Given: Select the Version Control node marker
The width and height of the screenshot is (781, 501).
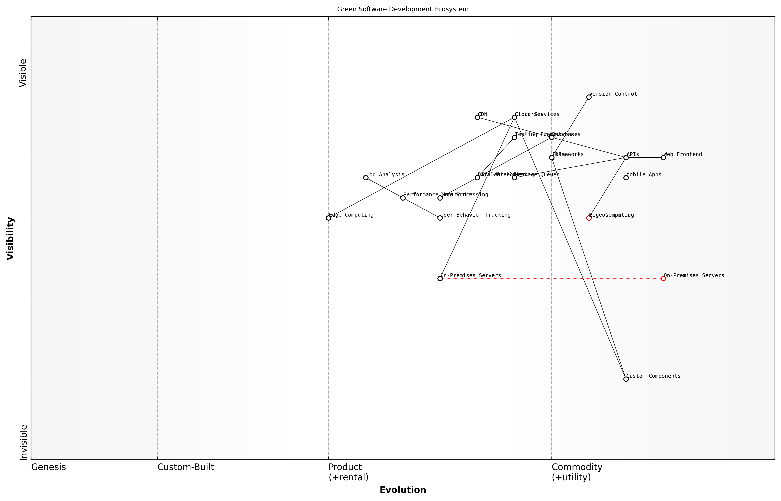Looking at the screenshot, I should click(589, 97).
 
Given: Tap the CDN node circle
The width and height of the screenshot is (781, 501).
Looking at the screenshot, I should click(477, 117).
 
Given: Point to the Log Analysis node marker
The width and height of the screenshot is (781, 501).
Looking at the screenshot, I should click(366, 178).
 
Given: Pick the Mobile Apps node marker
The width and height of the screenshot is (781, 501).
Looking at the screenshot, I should click(626, 178).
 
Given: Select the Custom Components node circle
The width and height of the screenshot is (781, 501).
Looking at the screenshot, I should click(626, 379).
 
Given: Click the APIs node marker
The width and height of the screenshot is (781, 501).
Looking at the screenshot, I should click(626, 158).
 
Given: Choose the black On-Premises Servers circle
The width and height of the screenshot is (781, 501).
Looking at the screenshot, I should click(440, 278).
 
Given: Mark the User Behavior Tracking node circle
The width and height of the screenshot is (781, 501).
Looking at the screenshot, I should click(440, 218).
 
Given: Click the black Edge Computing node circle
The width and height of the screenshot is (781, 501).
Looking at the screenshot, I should click(328, 218).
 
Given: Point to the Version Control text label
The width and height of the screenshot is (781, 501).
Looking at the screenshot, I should click(613, 94).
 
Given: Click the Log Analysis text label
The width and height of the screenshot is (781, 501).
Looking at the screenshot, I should click(385, 175).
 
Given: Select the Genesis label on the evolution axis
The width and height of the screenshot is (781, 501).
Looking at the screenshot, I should click(48, 467).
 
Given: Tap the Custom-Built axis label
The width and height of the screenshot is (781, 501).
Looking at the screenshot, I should click(186, 467).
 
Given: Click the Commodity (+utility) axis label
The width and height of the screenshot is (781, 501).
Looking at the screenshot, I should click(577, 472).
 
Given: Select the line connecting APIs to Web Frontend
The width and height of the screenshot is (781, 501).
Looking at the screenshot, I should click(644, 158).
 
